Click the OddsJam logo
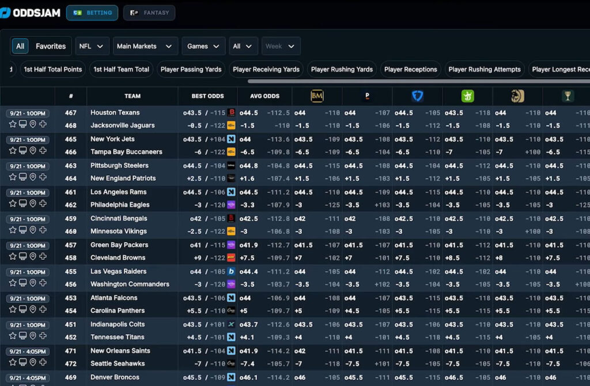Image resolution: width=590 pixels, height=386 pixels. click(31, 13)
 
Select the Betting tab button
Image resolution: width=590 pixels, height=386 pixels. click(92, 13)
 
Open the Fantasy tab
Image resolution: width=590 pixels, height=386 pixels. click(149, 13)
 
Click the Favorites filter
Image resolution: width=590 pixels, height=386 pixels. click(51, 46)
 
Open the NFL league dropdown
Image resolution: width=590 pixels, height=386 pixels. click(92, 46)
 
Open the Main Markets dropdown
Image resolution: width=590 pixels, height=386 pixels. click(145, 46)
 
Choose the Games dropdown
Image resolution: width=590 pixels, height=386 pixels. click(203, 46)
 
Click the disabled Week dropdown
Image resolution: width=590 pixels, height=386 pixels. click(281, 46)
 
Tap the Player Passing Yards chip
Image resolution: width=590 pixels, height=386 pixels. click(191, 69)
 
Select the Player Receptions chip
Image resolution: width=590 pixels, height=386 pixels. click(410, 69)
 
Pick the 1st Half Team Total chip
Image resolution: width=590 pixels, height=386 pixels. click(121, 69)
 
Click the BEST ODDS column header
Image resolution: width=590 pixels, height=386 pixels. click(207, 96)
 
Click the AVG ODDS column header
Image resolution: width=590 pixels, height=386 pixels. click(264, 96)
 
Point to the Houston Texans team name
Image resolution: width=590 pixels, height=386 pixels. click(115, 113)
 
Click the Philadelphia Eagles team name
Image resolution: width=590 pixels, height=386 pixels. click(120, 205)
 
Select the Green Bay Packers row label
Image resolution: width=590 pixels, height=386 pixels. click(119, 245)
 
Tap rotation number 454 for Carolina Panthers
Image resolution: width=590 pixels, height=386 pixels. click(70, 311)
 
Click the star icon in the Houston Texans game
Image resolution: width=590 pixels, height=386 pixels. click(12, 124)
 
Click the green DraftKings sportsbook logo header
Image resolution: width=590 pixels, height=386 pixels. click(467, 96)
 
